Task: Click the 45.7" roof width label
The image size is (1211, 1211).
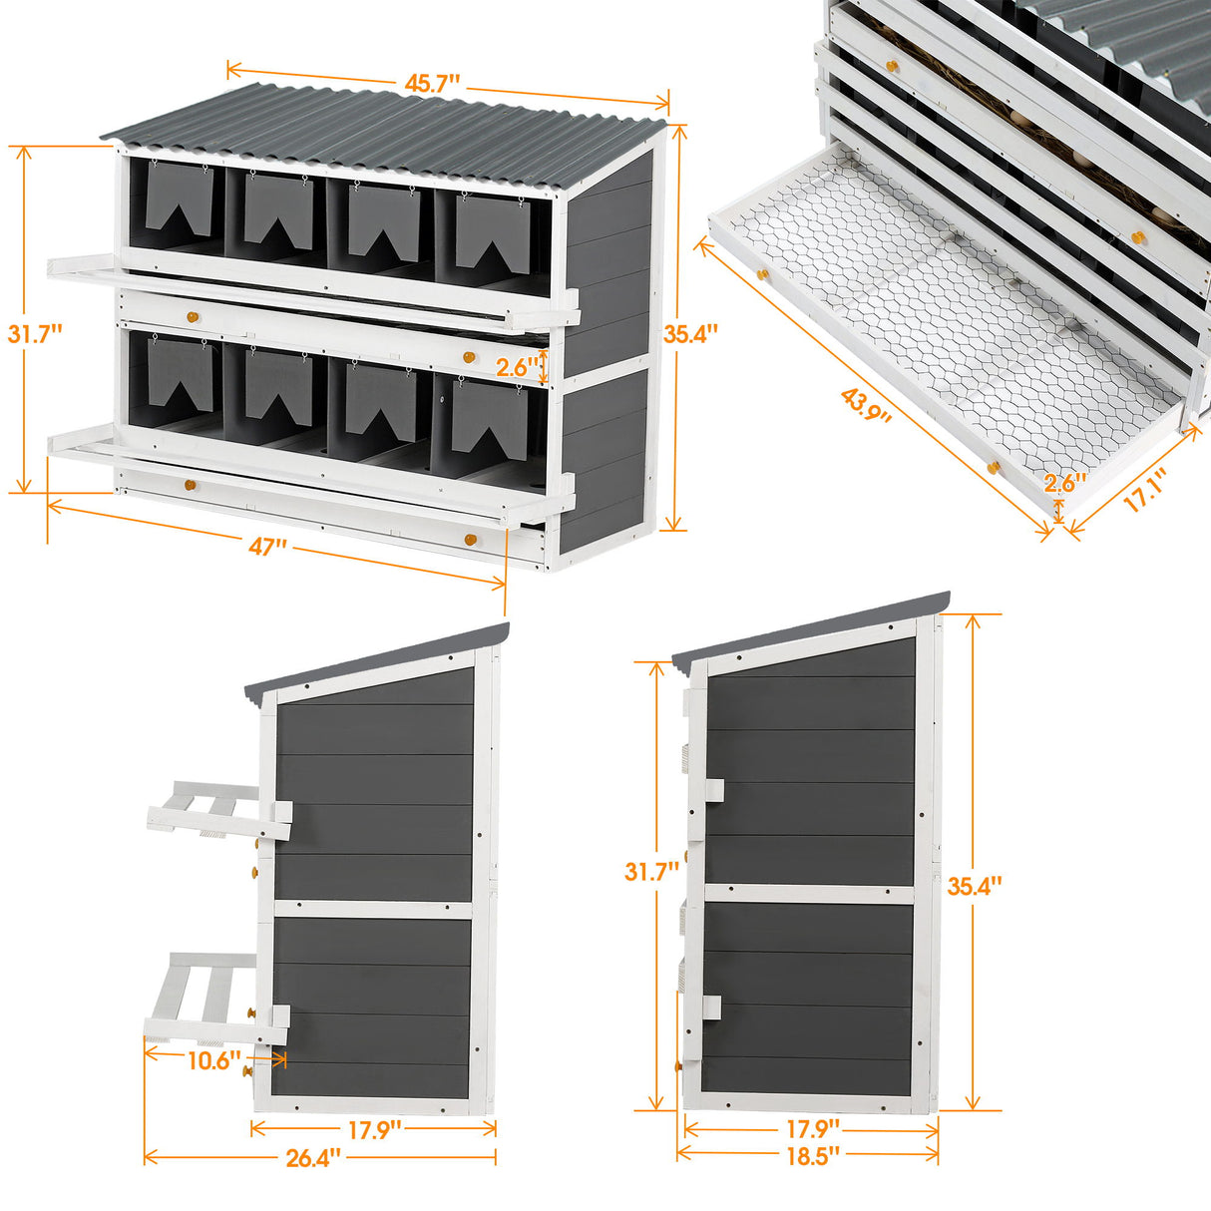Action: (x=433, y=84)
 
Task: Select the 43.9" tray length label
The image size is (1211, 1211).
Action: (x=866, y=406)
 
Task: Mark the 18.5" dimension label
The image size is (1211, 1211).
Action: (x=810, y=1154)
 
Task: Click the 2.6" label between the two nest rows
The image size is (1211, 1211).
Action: (x=518, y=367)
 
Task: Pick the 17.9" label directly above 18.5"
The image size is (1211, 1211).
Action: (x=810, y=1128)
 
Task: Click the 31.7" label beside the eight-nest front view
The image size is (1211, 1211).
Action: (x=35, y=332)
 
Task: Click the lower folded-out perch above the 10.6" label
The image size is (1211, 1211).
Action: (x=209, y=998)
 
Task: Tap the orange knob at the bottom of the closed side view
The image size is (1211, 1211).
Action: (x=679, y=1065)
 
